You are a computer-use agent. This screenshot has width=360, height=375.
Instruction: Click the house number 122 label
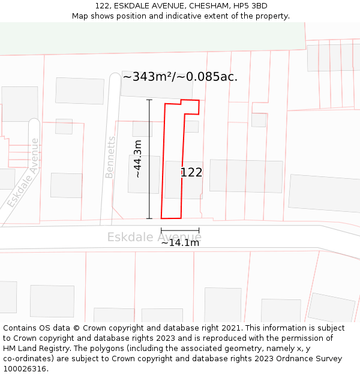pos(191,173)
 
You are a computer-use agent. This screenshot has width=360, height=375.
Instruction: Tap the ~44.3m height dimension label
pos(137,159)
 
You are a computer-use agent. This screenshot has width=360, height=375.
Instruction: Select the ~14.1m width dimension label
pos(180,242)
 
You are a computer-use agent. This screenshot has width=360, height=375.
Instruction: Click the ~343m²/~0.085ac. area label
pos(180,77)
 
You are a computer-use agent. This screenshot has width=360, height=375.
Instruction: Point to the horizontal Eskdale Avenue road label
pos(154,237)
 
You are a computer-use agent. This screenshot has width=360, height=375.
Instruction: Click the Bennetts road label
pos(110,157)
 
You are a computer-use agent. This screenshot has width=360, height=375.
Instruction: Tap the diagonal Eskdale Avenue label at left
pos(24,174)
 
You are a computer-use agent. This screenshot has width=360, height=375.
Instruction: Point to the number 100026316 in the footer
pos(23,369)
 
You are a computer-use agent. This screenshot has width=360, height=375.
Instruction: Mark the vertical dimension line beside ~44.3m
pos(149,159)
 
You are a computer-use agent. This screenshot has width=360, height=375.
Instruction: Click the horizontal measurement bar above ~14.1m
pos(180,230)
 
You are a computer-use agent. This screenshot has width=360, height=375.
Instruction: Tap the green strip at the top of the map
pos(150,38)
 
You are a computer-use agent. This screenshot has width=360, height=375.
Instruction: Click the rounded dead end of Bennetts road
pos(115,78)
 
